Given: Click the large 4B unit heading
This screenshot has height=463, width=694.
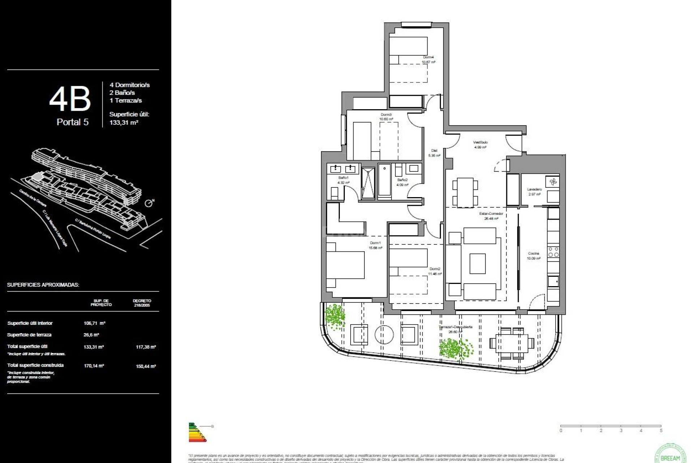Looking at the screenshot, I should coord(70,99).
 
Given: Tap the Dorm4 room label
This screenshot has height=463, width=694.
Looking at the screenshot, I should coord(428,57).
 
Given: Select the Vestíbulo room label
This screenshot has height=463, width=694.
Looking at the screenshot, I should coord(480,142).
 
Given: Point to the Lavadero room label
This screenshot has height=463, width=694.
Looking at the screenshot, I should coord(534,189).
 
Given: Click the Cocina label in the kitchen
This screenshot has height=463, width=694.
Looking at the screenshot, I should coord(533,253).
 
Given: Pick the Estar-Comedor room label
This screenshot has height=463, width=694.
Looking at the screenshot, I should coord(491,213).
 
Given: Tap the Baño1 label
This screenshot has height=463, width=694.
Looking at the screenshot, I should coord(343,178).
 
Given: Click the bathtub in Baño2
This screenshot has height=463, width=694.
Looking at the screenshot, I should coord(385,181).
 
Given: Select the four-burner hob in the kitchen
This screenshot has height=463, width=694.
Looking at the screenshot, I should coord(553,252).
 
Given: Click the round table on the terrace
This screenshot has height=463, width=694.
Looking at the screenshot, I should coord(384,335).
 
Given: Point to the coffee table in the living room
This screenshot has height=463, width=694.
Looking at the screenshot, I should coord(477,263).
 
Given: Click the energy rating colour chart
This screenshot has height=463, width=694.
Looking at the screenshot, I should coord(197,432).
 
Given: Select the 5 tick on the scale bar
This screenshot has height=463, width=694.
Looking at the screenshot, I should coord(661,430).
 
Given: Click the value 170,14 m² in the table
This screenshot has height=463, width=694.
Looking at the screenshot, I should coord(94,366).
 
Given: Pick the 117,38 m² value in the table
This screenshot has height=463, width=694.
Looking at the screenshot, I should coord(146,347).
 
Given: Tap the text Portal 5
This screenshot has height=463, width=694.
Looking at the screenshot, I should coord(72,122).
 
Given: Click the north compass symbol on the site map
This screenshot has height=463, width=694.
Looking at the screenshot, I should coord(149,203).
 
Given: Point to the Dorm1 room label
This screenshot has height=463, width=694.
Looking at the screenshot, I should coord(375,243).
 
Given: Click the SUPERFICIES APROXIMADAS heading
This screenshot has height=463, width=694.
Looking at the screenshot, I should coord(43,285).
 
